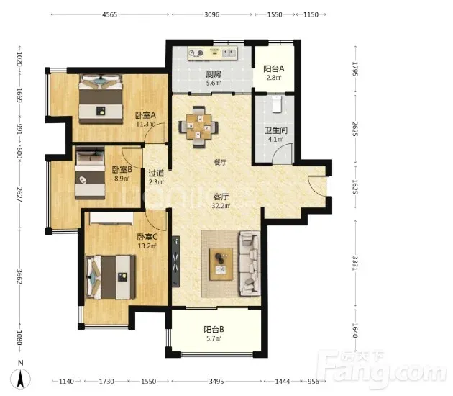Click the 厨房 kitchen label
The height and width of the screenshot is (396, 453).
(x=214, y=74)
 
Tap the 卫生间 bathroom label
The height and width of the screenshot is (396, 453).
(x=276, y=130)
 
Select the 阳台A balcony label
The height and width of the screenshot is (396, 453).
(x=273, y=69)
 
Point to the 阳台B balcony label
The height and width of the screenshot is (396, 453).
(x=214, y=330)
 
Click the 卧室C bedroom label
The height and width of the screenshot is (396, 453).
(x=147, y=237)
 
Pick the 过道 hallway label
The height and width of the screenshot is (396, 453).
(x=156, y=174)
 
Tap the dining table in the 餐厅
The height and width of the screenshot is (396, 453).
(x=198, y=127)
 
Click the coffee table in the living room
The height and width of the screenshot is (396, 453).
(x=221, y=264)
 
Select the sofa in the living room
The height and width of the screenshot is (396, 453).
(x=250, y=264)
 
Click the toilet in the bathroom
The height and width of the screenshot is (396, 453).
(x=277, y=104)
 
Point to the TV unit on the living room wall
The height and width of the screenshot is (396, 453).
(x=176, y=261)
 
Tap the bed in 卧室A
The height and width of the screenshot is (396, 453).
(x=101, y=99)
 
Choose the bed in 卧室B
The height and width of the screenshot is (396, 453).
(x=90, y=173)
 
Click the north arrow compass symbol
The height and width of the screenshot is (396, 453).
(x=21, y=379)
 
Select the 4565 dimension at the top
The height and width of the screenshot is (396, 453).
(x=110, y=14)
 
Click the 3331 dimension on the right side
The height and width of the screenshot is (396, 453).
(x=354, y=263)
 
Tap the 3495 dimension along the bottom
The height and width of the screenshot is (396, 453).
(x=216, y=382)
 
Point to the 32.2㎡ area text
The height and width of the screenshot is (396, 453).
(x=221, y=206)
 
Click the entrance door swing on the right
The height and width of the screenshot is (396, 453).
(x=318, y=185)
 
